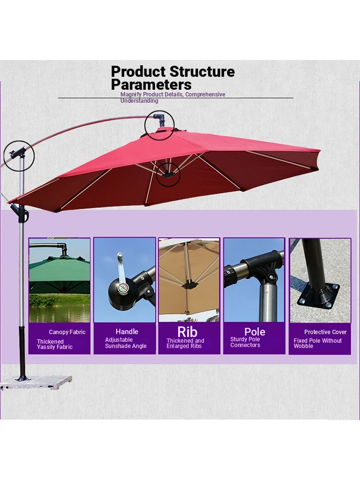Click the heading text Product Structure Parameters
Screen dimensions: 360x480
point(173,78)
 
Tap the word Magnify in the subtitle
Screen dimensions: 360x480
point(131,95)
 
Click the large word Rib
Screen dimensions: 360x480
point(187,332)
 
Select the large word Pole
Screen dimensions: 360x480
point(255,332)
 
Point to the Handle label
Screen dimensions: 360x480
point(127,332)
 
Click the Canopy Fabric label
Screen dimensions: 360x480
point(67,332)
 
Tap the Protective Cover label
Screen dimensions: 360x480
point(325,332)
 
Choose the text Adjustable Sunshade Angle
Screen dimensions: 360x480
point(125,343)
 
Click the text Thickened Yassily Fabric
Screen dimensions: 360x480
point(55,344)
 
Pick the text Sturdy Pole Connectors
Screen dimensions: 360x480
point(245,342)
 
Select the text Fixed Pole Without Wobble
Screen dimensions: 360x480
point(317,343)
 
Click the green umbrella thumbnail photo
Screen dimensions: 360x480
point(60,280)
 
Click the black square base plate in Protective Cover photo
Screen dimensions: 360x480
point(319,295)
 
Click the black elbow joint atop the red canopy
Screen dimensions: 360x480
point(160,120)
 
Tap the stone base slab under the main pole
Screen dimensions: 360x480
point(36,383)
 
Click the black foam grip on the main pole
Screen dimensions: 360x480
point(22,352)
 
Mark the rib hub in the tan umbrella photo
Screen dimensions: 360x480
point(189,285)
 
